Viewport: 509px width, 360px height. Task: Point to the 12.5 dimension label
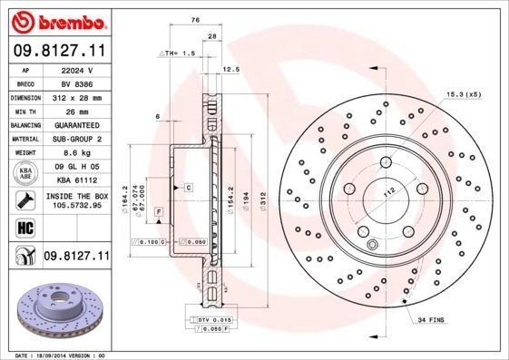point(230,69)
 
